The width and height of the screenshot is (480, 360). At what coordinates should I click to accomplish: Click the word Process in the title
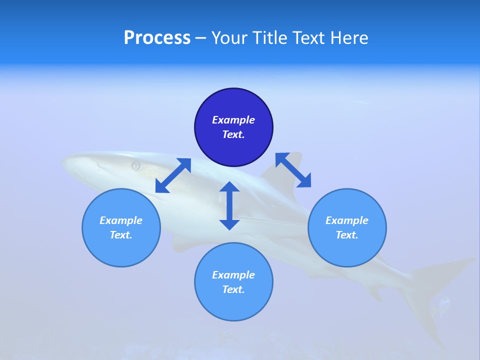click(x=157, y=38)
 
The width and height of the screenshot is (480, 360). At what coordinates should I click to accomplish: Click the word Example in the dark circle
click(x=233, y=120)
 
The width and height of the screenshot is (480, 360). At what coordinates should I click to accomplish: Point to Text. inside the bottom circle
click(x=233, y=289)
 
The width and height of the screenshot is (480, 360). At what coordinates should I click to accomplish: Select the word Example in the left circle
click(x=121, y=220)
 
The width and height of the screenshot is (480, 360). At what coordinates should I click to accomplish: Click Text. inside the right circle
click(x=347, y=235)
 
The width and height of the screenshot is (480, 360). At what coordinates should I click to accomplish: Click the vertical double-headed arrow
click(x=229, y=205)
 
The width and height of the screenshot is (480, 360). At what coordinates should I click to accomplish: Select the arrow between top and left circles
click(x=173, y=175)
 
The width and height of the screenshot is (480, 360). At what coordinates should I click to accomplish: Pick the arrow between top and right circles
click(x=293, y=170)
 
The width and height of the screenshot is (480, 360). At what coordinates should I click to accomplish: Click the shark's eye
click(x=136, y=165)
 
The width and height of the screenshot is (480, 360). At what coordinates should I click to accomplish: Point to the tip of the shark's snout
click(x=63, y=161)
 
